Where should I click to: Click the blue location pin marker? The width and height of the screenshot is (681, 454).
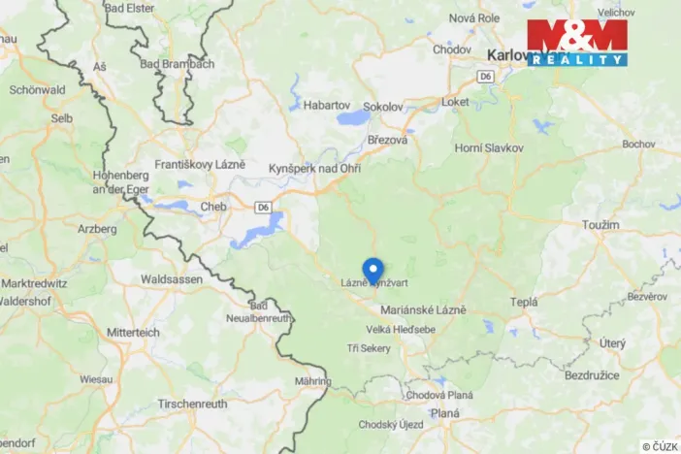pyautogui.click(x=373, y=269)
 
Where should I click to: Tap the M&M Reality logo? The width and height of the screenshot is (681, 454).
pyautogui.click(x=577, y=43)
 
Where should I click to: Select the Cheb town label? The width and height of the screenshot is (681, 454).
pyautogui.click(x=213, y=206)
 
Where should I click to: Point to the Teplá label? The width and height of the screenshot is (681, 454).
pyautogui.click(x=524, y=302)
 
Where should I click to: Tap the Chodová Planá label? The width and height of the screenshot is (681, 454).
pyautogui.click(x=439, y=395)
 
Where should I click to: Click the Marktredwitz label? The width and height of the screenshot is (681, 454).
pyautogui.click(x=34, y=283)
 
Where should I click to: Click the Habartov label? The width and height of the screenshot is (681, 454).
pyautogui.click(x=326, y=104)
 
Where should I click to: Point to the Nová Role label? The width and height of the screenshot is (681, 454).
pyautogui.click(x=473, y=18)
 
